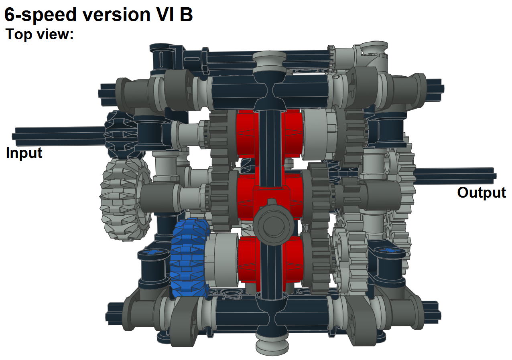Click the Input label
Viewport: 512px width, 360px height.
coord(24,153)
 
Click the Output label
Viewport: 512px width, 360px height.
coord(481,192)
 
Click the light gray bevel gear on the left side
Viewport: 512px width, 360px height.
coord(122,199)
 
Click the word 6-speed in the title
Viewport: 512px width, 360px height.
coord(40,14)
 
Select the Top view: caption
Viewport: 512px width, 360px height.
coord(40,34)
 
